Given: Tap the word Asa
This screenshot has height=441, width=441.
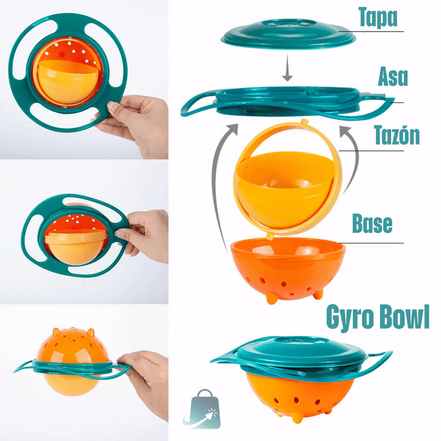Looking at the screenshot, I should [392, 77].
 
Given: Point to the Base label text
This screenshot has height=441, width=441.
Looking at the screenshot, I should [372, 225].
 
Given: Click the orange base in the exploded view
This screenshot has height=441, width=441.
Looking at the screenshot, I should [288, 268].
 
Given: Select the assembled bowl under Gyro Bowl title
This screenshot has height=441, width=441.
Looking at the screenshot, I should [300, 375].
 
